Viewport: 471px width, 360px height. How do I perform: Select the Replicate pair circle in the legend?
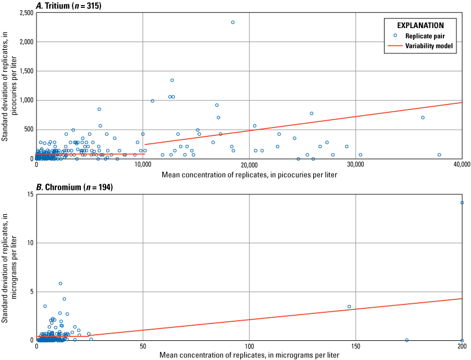tap(395, 35)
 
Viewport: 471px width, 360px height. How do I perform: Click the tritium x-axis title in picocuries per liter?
tap(249, 175)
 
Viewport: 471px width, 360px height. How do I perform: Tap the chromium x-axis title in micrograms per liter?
tap(249, 356)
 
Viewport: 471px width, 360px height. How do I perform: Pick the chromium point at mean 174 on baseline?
tap(407, 340)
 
